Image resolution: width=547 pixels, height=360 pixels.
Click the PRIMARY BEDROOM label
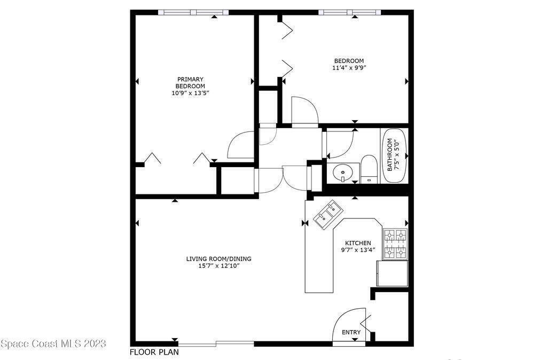(190, 83)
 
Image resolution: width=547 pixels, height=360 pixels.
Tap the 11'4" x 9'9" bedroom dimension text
(349, 68)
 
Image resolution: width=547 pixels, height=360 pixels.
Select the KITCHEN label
(358, 243)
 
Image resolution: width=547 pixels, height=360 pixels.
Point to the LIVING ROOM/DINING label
(218, 259)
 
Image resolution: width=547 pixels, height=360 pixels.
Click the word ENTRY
(351, 332)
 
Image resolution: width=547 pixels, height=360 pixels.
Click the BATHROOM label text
(389, 155)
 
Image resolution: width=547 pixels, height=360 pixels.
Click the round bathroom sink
(343, 173)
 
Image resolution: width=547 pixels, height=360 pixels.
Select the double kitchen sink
(329, 215)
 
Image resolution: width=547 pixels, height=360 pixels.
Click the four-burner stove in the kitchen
(395, 244)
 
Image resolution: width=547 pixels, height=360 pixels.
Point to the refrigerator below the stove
(392, 273)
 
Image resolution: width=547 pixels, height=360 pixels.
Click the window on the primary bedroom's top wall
(193, 12)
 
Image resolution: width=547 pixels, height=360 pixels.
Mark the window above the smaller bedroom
(349, 12)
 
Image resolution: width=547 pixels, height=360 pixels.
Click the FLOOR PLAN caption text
(154, 352)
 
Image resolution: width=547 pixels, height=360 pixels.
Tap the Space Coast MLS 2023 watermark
(53, 343)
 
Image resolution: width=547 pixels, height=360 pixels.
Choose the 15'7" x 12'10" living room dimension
(218, 266)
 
